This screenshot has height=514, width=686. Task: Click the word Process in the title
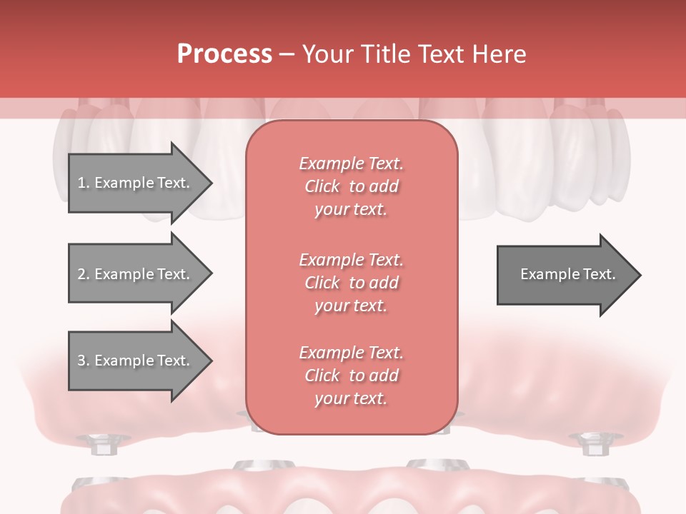pos(224,54)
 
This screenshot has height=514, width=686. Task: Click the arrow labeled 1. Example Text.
pos(136,183)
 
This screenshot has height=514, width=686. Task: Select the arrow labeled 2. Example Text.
pos(136,274)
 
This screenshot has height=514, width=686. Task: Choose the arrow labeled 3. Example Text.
pos(136,361)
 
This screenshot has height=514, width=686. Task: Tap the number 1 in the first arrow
pos(81,183)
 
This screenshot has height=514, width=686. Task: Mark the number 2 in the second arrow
pos(81,274)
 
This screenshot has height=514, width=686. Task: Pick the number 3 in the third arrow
pos(81,361)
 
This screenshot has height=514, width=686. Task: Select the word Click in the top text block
pos(322,186)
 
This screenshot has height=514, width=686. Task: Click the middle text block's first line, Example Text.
pos(351,259)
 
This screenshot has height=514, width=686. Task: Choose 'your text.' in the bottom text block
pos(351,398)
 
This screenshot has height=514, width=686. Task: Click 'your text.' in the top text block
pos(351,209)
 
